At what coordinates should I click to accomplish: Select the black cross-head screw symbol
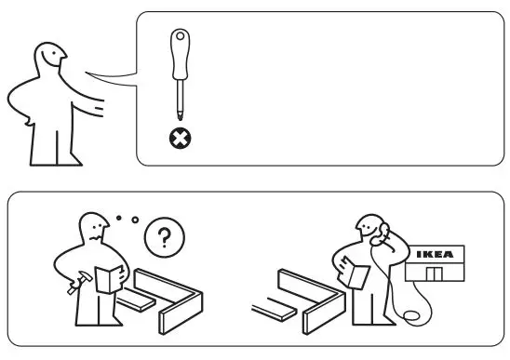click(x=177, y=140)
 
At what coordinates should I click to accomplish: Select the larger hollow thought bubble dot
click(x=135, y=220)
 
